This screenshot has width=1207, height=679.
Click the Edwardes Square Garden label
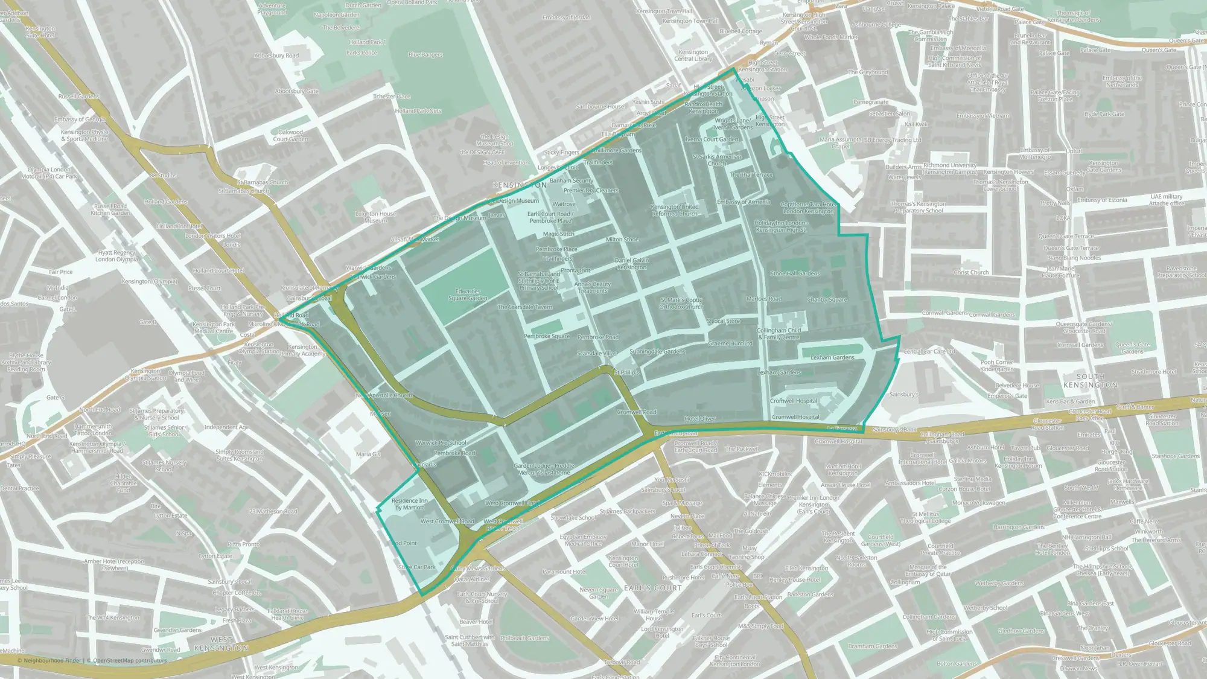point(468,295)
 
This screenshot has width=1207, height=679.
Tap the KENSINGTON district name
point(520,185)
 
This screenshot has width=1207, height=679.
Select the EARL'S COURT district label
point(653,588)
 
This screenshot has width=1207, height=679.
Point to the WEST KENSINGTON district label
point(221,644)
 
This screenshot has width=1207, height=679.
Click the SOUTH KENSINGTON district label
point(1090,381)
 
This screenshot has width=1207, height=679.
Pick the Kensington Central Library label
point(693,56)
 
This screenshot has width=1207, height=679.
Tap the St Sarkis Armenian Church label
point(716,160)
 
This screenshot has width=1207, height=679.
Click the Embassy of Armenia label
point(744,202)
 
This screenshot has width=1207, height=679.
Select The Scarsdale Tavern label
point(524,307)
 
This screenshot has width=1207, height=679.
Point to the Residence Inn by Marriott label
point(410,504)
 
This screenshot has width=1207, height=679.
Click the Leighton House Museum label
point(375,217)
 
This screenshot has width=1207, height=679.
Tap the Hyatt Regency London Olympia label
point(117,256)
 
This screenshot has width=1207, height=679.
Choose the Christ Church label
point(971,272)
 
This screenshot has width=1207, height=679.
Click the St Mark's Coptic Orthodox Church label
point(681,303)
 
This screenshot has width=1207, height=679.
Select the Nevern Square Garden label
point(599,593)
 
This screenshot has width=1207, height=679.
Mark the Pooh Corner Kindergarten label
point(997,366)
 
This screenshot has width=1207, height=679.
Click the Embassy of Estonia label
point(1102,200)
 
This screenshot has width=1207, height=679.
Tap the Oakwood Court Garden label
point(290,136)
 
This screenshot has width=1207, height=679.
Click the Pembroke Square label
point(547,336)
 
